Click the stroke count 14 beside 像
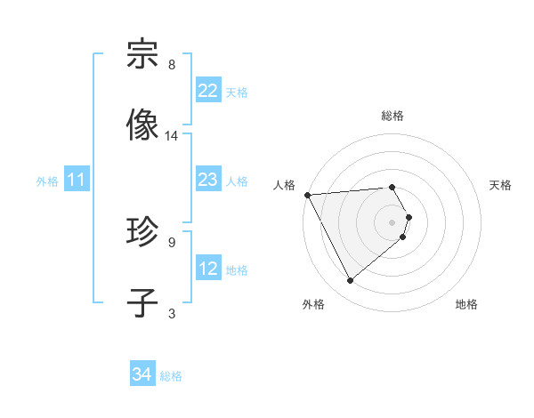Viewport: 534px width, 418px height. [x=172, y=136]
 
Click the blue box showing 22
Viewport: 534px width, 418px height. [x=207, y=91]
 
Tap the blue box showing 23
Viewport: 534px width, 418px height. [x=207, y=180]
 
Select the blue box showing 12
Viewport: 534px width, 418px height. [x=207, y=269]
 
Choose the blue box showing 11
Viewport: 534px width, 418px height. [x=77, y=181]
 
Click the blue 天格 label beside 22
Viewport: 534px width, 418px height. [x=237, y=92]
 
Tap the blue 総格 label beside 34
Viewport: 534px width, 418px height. [x=171, y=376]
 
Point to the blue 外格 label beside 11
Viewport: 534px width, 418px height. [x=47, y=181]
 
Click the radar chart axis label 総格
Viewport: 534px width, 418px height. [x=392, y=116]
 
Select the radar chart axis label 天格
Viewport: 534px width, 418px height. [x=501, y=185]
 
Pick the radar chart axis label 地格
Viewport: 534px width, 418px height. [x=466, y=304]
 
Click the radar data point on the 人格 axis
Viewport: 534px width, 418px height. [x=307, y=195]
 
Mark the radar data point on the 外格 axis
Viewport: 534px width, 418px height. [x=350, y=280]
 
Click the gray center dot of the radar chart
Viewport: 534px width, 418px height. [x=392, y=221]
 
